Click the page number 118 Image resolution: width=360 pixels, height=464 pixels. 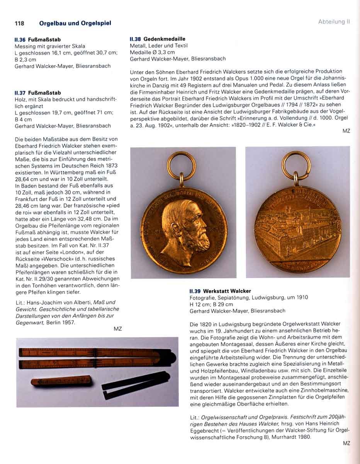(x=19, y=23)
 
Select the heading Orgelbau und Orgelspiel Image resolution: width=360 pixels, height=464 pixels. (x=75, y=23)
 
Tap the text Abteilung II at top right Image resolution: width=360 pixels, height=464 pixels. (x=334, y=22)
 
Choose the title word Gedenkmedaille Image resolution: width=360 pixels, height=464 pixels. (x=164, y=39)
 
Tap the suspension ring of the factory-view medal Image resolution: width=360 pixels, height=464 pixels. (x=296, y=162)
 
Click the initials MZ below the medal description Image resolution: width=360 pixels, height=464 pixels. (x=346, y=131)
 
